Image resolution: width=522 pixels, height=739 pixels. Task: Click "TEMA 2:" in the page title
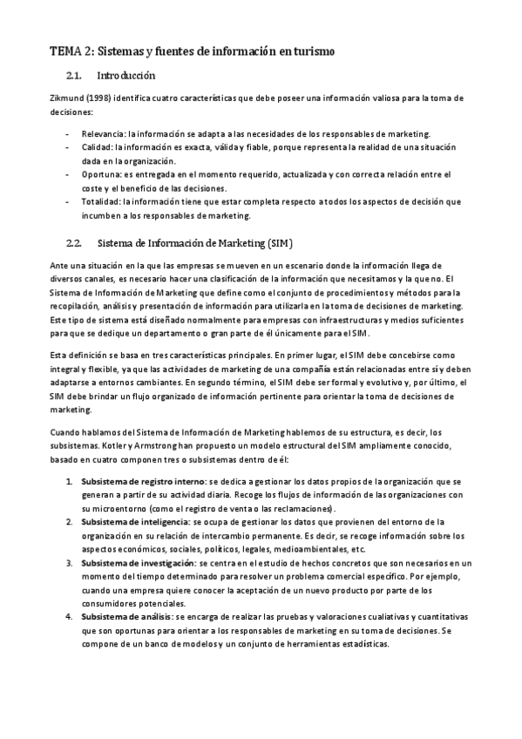pyautogui.click(x=68, y=53)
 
